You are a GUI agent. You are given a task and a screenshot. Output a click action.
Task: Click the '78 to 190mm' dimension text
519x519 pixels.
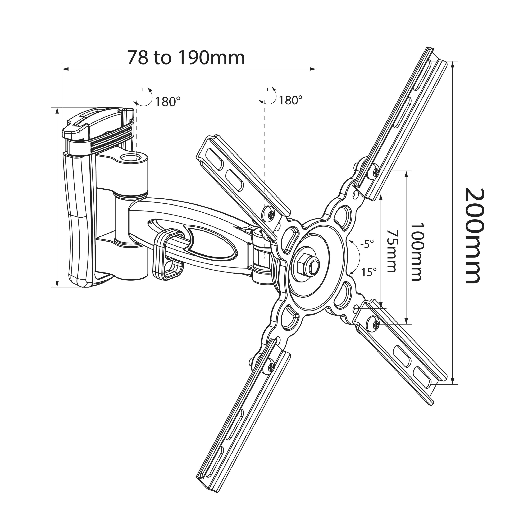click(x=186, y=57)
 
